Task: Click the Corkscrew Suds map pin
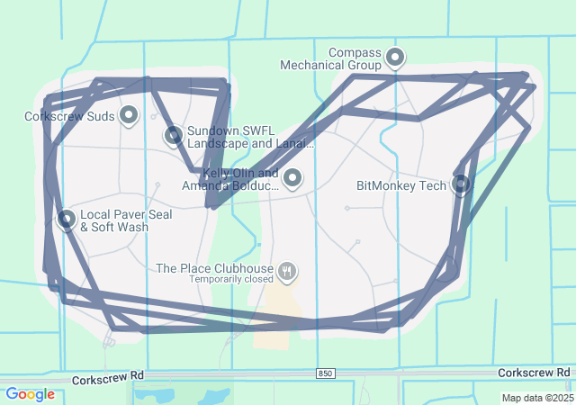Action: click(x=129, y=114)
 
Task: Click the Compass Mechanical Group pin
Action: click(x=394, y=58)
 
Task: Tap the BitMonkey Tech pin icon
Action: click(x=461, y=184)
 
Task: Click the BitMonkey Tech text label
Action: click(x=401, y=186)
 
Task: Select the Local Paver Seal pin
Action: click(x=67, y=219)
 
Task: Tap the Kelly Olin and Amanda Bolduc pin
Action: click(x=292, y=178)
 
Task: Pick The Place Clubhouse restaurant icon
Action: click(x=287, y=270)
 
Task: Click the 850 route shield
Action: click(x=325, y=373)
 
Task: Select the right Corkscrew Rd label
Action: click(x=534, y=373)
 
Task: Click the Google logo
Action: click(x=30, y=394)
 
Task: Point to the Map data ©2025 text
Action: click(x=536, y=398)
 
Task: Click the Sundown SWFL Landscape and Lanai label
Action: click(x=250, y=137)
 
